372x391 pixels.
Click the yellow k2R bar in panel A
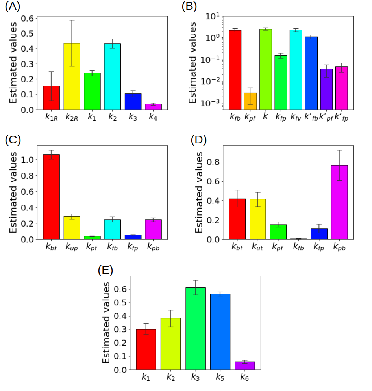pyautogui.click(x=72, y=76)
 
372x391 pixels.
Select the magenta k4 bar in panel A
pyautogui.click(x=153, y=107)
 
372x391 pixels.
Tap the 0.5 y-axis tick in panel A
pyautogui.click(x=28, y=34)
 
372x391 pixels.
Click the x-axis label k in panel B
pyautogui.click(x=265, y=117)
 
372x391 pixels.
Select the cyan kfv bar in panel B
pyautogui.click(x=296, y=69)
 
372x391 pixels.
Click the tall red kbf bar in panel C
pyautogui.click(x=51, y=197)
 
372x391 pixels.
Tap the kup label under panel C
pyautogui.click(x=72, y=247)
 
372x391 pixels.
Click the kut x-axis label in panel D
pyautogui.click(x=257, y=247)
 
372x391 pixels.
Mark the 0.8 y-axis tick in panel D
pyautogui.click(x=214, y=162)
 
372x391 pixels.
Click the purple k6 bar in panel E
pyautogui.click(x=244, y=366)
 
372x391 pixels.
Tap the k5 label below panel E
pyautogui.click(x=220, y=378)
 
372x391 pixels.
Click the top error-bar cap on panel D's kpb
pyautogui.click(x=339, y=150)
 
